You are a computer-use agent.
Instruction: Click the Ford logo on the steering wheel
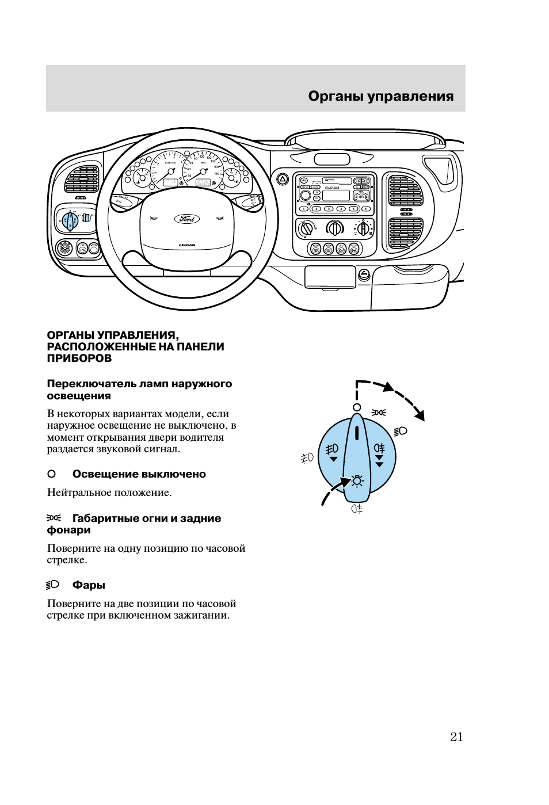(187, 219)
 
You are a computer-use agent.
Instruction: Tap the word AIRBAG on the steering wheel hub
(186, 245)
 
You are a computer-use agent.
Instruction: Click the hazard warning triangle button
(283, 179)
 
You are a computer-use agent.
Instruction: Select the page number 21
(456, 737)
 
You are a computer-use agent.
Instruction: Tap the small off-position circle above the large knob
(357, 407)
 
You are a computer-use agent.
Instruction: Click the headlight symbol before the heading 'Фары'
(53, 585)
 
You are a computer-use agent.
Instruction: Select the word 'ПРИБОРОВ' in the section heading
(79, 358)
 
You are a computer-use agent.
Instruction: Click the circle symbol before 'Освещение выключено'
(51, 474)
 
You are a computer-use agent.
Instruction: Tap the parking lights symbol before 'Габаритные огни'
(54, 518)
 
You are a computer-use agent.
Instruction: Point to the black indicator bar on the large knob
(357, 433)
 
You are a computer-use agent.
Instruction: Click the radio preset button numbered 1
(304, 209)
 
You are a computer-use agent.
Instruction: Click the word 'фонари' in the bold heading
(68, 530)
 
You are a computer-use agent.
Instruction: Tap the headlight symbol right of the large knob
(401, 431)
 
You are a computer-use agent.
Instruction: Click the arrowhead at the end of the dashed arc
(421, 415)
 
